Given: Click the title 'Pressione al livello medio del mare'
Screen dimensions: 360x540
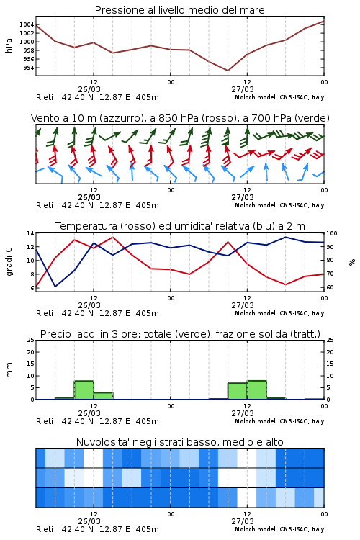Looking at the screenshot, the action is pyautogui.click(x=179, y=10).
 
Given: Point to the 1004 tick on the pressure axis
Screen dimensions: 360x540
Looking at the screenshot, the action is pyautogui.click(x=27, y=24).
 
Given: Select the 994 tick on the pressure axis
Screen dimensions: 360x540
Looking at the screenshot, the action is pyautogui.click(x=29, y=68).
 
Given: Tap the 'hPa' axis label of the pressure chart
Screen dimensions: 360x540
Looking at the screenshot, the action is pyautogui.click(x=9, y=45).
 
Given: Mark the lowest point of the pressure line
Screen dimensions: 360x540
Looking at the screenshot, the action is pyautogui.click(x=228, y=71).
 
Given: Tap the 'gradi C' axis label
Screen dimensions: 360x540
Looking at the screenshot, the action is pyautogui.click(x=9, y=261).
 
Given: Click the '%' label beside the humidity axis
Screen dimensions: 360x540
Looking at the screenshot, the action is pyautogui.click(x=352, y=262).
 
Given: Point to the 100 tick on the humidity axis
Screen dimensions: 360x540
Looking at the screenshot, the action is pyautogui.click(x=332, y=233).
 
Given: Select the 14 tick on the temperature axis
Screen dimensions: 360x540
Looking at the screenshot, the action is pyautogui.click(x=30, y=233).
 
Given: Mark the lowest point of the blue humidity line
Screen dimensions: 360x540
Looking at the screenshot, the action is pyautogui.click(x=55, y=286).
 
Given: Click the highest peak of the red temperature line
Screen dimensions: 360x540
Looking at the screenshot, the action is pyautogui.click(x=112, y=237).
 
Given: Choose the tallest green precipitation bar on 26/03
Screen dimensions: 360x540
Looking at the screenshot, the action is pyautogui.click(x=84, y=390).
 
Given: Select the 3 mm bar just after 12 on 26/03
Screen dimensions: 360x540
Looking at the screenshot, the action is pyautogui.click(x=103, y=396).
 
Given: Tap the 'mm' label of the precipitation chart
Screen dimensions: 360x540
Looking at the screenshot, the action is pyautogui.click(x=9, y=370).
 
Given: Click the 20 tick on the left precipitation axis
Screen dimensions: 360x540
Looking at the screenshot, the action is pyautogui.click(x=31, y=352).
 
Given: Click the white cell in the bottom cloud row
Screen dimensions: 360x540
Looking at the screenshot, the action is pyautogui.click(x=247, y=498).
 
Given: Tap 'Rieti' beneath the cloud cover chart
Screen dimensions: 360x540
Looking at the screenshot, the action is pyautogui.click(x=45, y=529).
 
